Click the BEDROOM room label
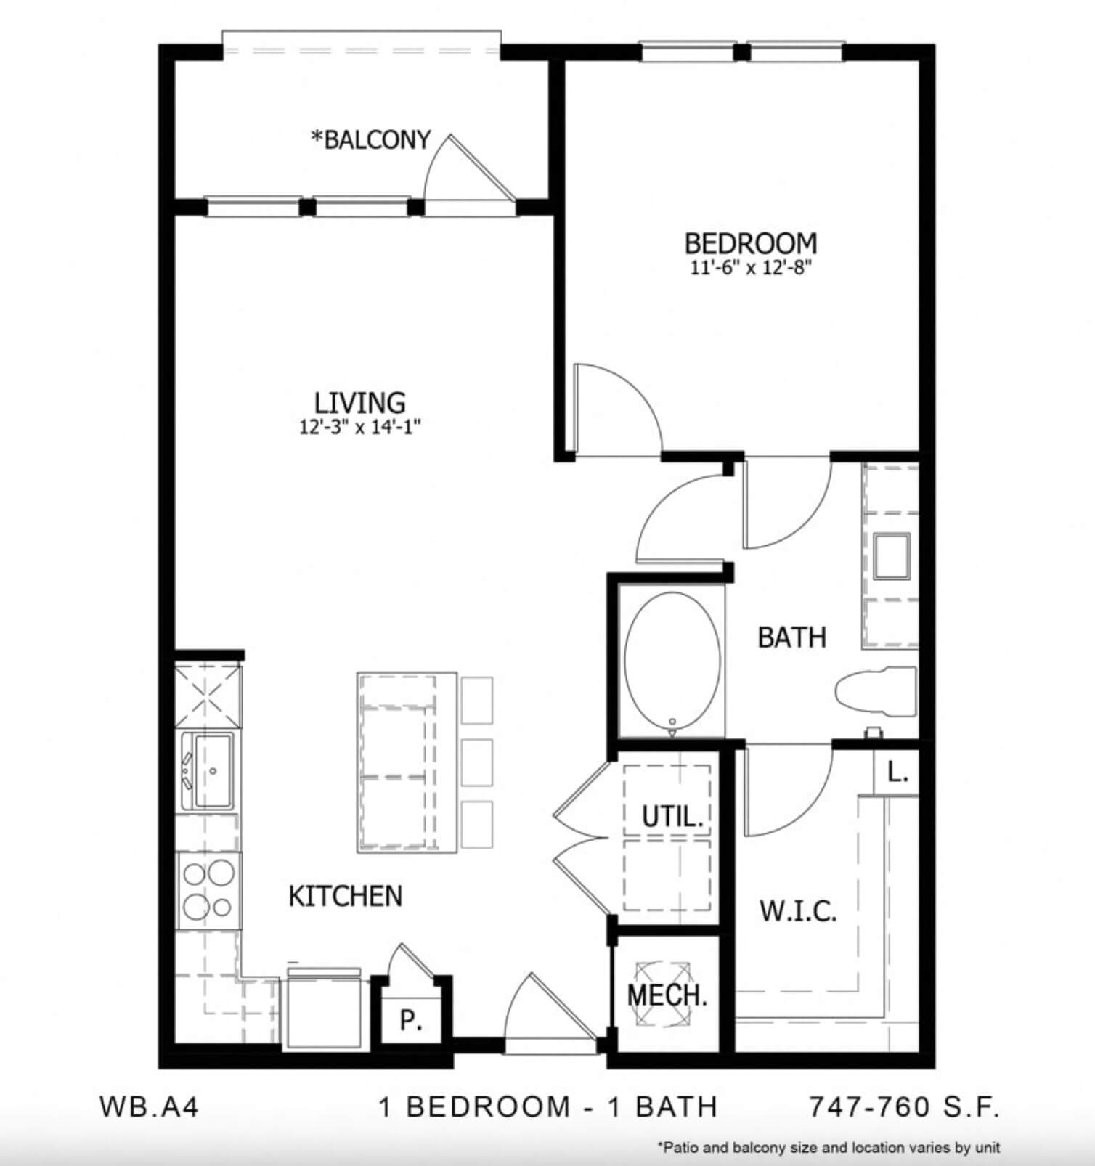coord(751,242)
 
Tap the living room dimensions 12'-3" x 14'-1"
coord(360,427)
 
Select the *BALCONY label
coord(371,139)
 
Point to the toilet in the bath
coord(876,692)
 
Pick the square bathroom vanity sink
coord(892,555)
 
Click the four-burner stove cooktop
coord(209,890)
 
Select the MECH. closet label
coord(667,995)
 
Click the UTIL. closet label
coord(672,817)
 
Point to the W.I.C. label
coord(799,910)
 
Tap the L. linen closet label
coord(898,773)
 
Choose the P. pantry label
coord(411,1020)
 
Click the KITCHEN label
coord(346,897)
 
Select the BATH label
coord(792,637)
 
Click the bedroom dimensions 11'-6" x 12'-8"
coord(751,268)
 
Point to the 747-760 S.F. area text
coord(905,1106)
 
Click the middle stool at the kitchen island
coord(476,762)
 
